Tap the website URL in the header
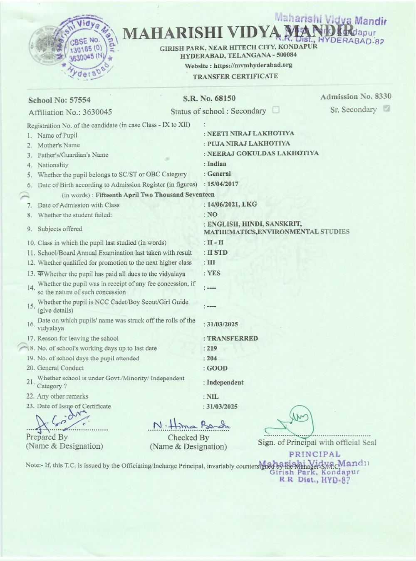click(238, 65)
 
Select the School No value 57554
click(80, 100)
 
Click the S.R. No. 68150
click(209, 98)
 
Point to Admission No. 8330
click(356, 96)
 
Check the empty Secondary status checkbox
click(275, 110)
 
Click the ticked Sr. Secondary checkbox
click(386, 109)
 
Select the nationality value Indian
click(217, 164)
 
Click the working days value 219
click(212, 348)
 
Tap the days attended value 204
click(212, 358)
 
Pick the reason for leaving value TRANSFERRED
click(232, 338)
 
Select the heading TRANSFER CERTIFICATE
click(235, 76)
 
